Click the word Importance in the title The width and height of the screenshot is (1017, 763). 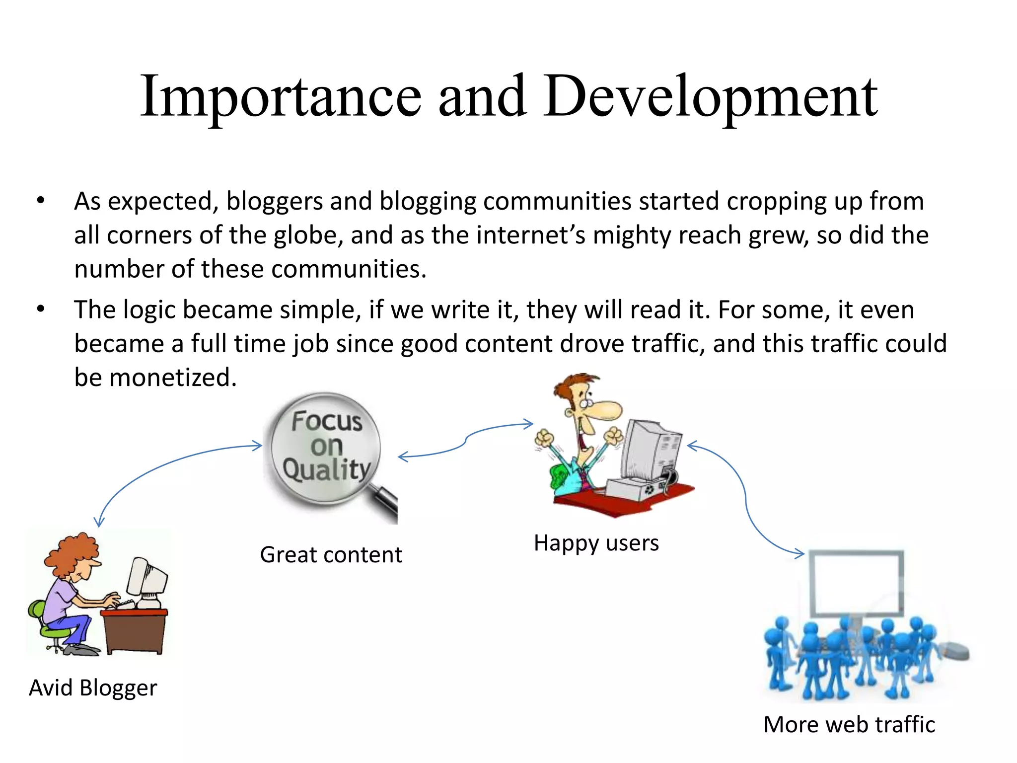(281, 97)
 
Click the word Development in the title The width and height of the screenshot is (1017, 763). (710, 97)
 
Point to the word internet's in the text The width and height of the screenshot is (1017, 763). (531, 235)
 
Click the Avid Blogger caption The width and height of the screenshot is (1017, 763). (93, 688)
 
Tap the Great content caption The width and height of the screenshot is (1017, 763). (331, 555)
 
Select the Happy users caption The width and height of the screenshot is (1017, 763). (596, 543)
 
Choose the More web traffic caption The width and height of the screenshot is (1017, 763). (849, 725)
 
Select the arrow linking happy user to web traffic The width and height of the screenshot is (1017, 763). (745, 497)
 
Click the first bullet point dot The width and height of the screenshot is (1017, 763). (41, 201)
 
